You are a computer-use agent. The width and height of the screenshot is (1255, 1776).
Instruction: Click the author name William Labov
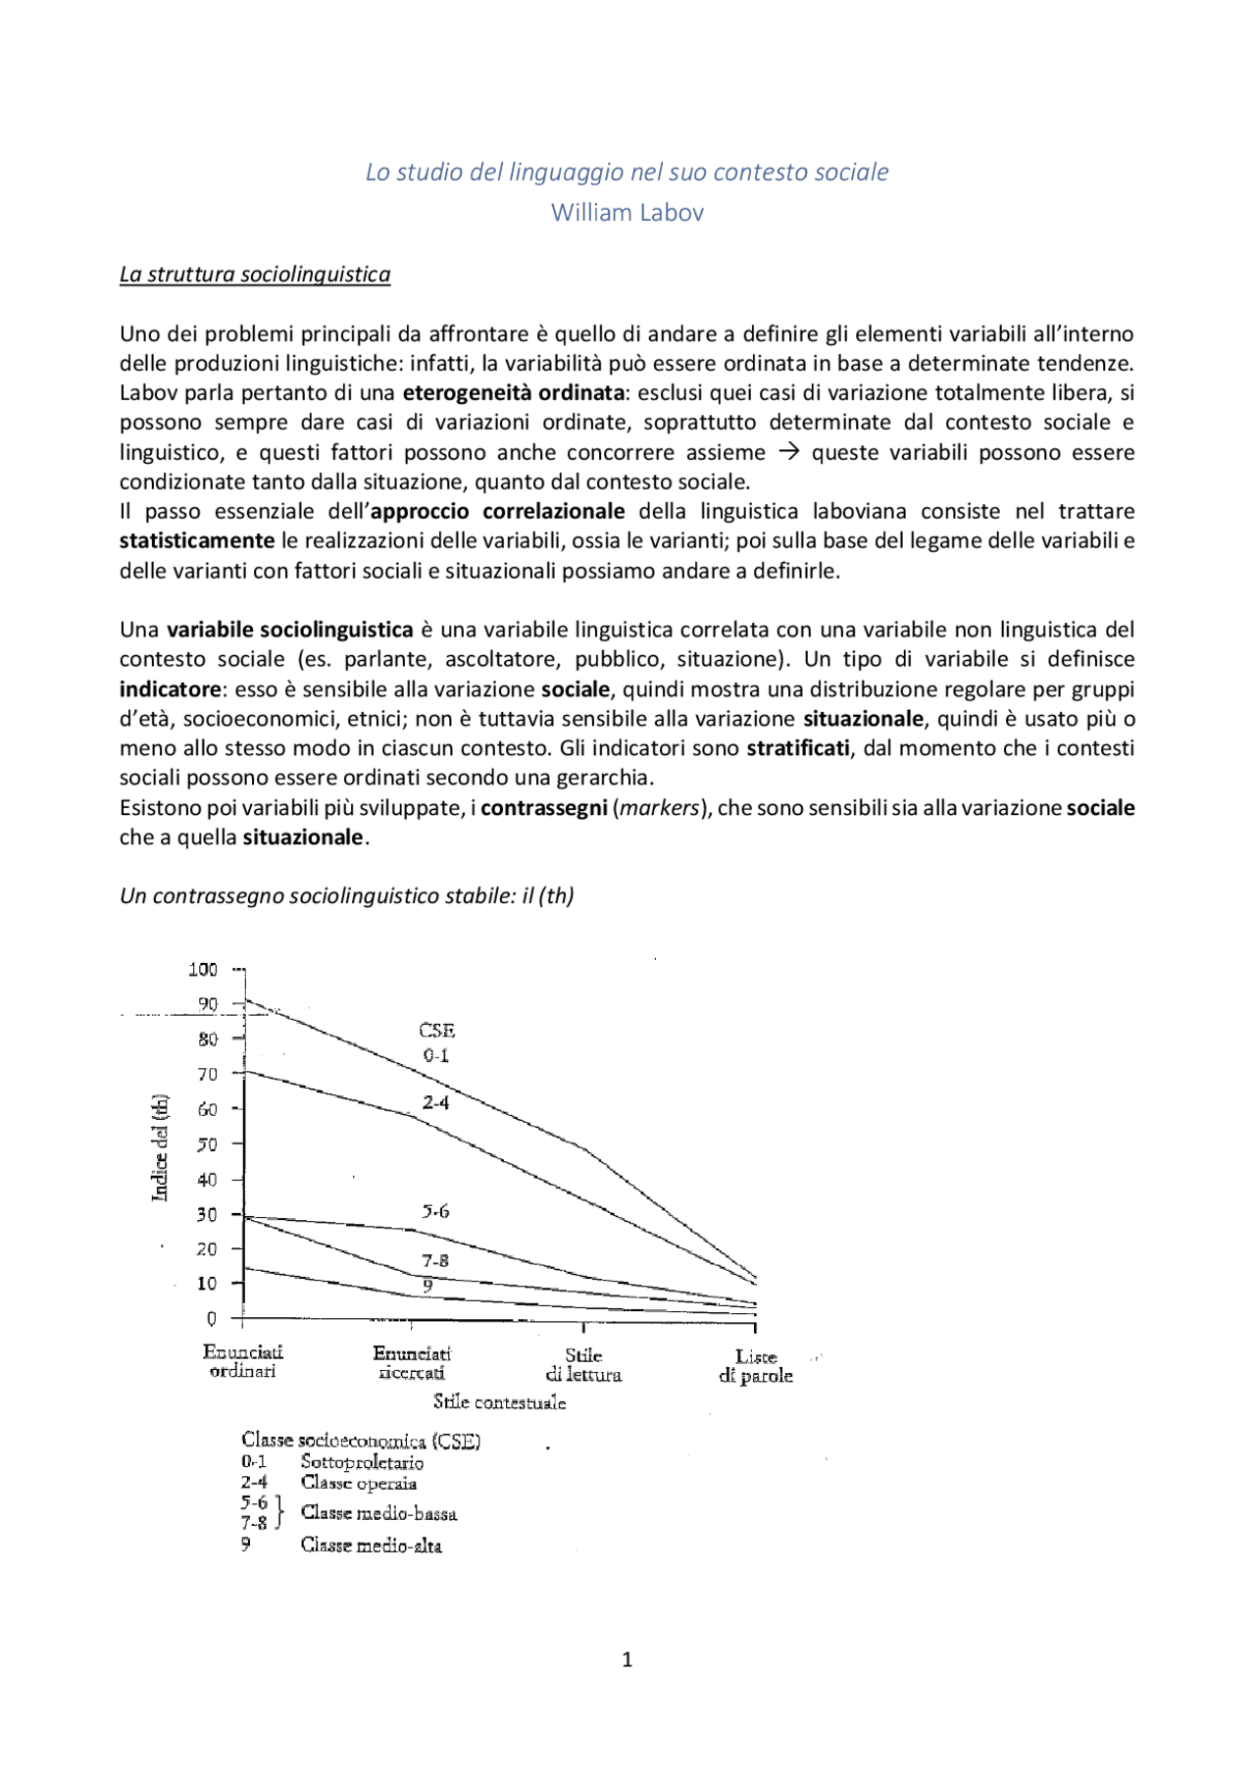(x=627, y=212)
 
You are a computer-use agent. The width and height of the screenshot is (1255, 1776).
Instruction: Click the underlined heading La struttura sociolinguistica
(x=255, y=275)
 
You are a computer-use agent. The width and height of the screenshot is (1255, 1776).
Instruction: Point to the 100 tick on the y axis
(x=204, y=969)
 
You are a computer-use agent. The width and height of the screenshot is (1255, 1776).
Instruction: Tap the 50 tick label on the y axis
(x=207, y=1143)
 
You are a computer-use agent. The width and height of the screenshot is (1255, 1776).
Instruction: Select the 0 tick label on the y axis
(x=211, y=1319)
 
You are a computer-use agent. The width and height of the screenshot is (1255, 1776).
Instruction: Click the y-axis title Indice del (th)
(x=160, y=1146)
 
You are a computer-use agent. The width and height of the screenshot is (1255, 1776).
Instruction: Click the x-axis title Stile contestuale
(x=499, y=1402)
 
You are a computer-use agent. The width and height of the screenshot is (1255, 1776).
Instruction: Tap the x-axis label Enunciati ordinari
(x=242, y=1361)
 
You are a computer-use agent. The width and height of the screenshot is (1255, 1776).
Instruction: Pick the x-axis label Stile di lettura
(x=583, y=1365)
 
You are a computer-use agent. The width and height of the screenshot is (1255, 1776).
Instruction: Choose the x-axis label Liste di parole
(x=756, y=1366)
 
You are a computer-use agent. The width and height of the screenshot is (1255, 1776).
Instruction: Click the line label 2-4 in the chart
(x=435, y=1102)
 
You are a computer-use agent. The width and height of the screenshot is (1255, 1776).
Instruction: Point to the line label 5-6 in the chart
(x=435, y=1211)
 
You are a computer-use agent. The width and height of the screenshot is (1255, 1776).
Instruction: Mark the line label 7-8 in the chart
(x=435, y=1260)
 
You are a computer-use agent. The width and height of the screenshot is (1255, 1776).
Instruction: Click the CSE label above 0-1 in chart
(x=436, y=1031)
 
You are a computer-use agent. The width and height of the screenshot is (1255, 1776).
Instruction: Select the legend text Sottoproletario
(x=362, y=1462)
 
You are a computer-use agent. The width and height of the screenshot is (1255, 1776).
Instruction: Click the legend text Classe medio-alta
(x=371, y=1546)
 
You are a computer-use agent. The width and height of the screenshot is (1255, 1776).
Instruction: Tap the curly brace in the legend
(x=279, y=1512)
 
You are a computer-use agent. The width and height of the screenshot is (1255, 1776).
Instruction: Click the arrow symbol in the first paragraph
(x=788, y=452)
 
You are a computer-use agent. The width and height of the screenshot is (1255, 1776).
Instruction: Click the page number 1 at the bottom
(x=627, y=1659)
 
